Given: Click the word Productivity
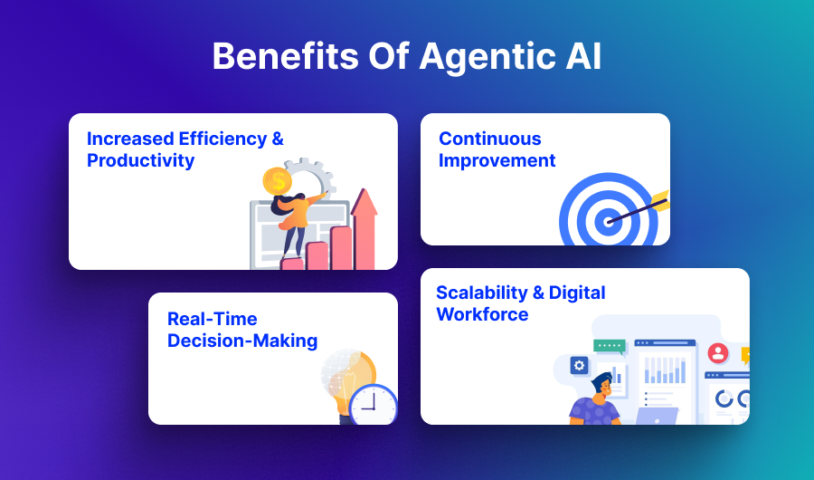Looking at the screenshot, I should coord(140,160).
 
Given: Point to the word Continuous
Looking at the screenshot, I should coord(489,139).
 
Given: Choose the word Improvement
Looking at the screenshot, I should coord(497,160).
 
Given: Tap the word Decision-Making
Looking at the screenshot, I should coord(241,341).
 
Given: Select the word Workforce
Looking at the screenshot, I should coord(482,314).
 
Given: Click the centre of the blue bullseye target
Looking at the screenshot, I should coord(608,219).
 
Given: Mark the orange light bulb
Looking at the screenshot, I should coord(349,376).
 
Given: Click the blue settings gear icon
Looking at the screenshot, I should coord(580,365).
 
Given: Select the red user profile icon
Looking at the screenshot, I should coord(718,352).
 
